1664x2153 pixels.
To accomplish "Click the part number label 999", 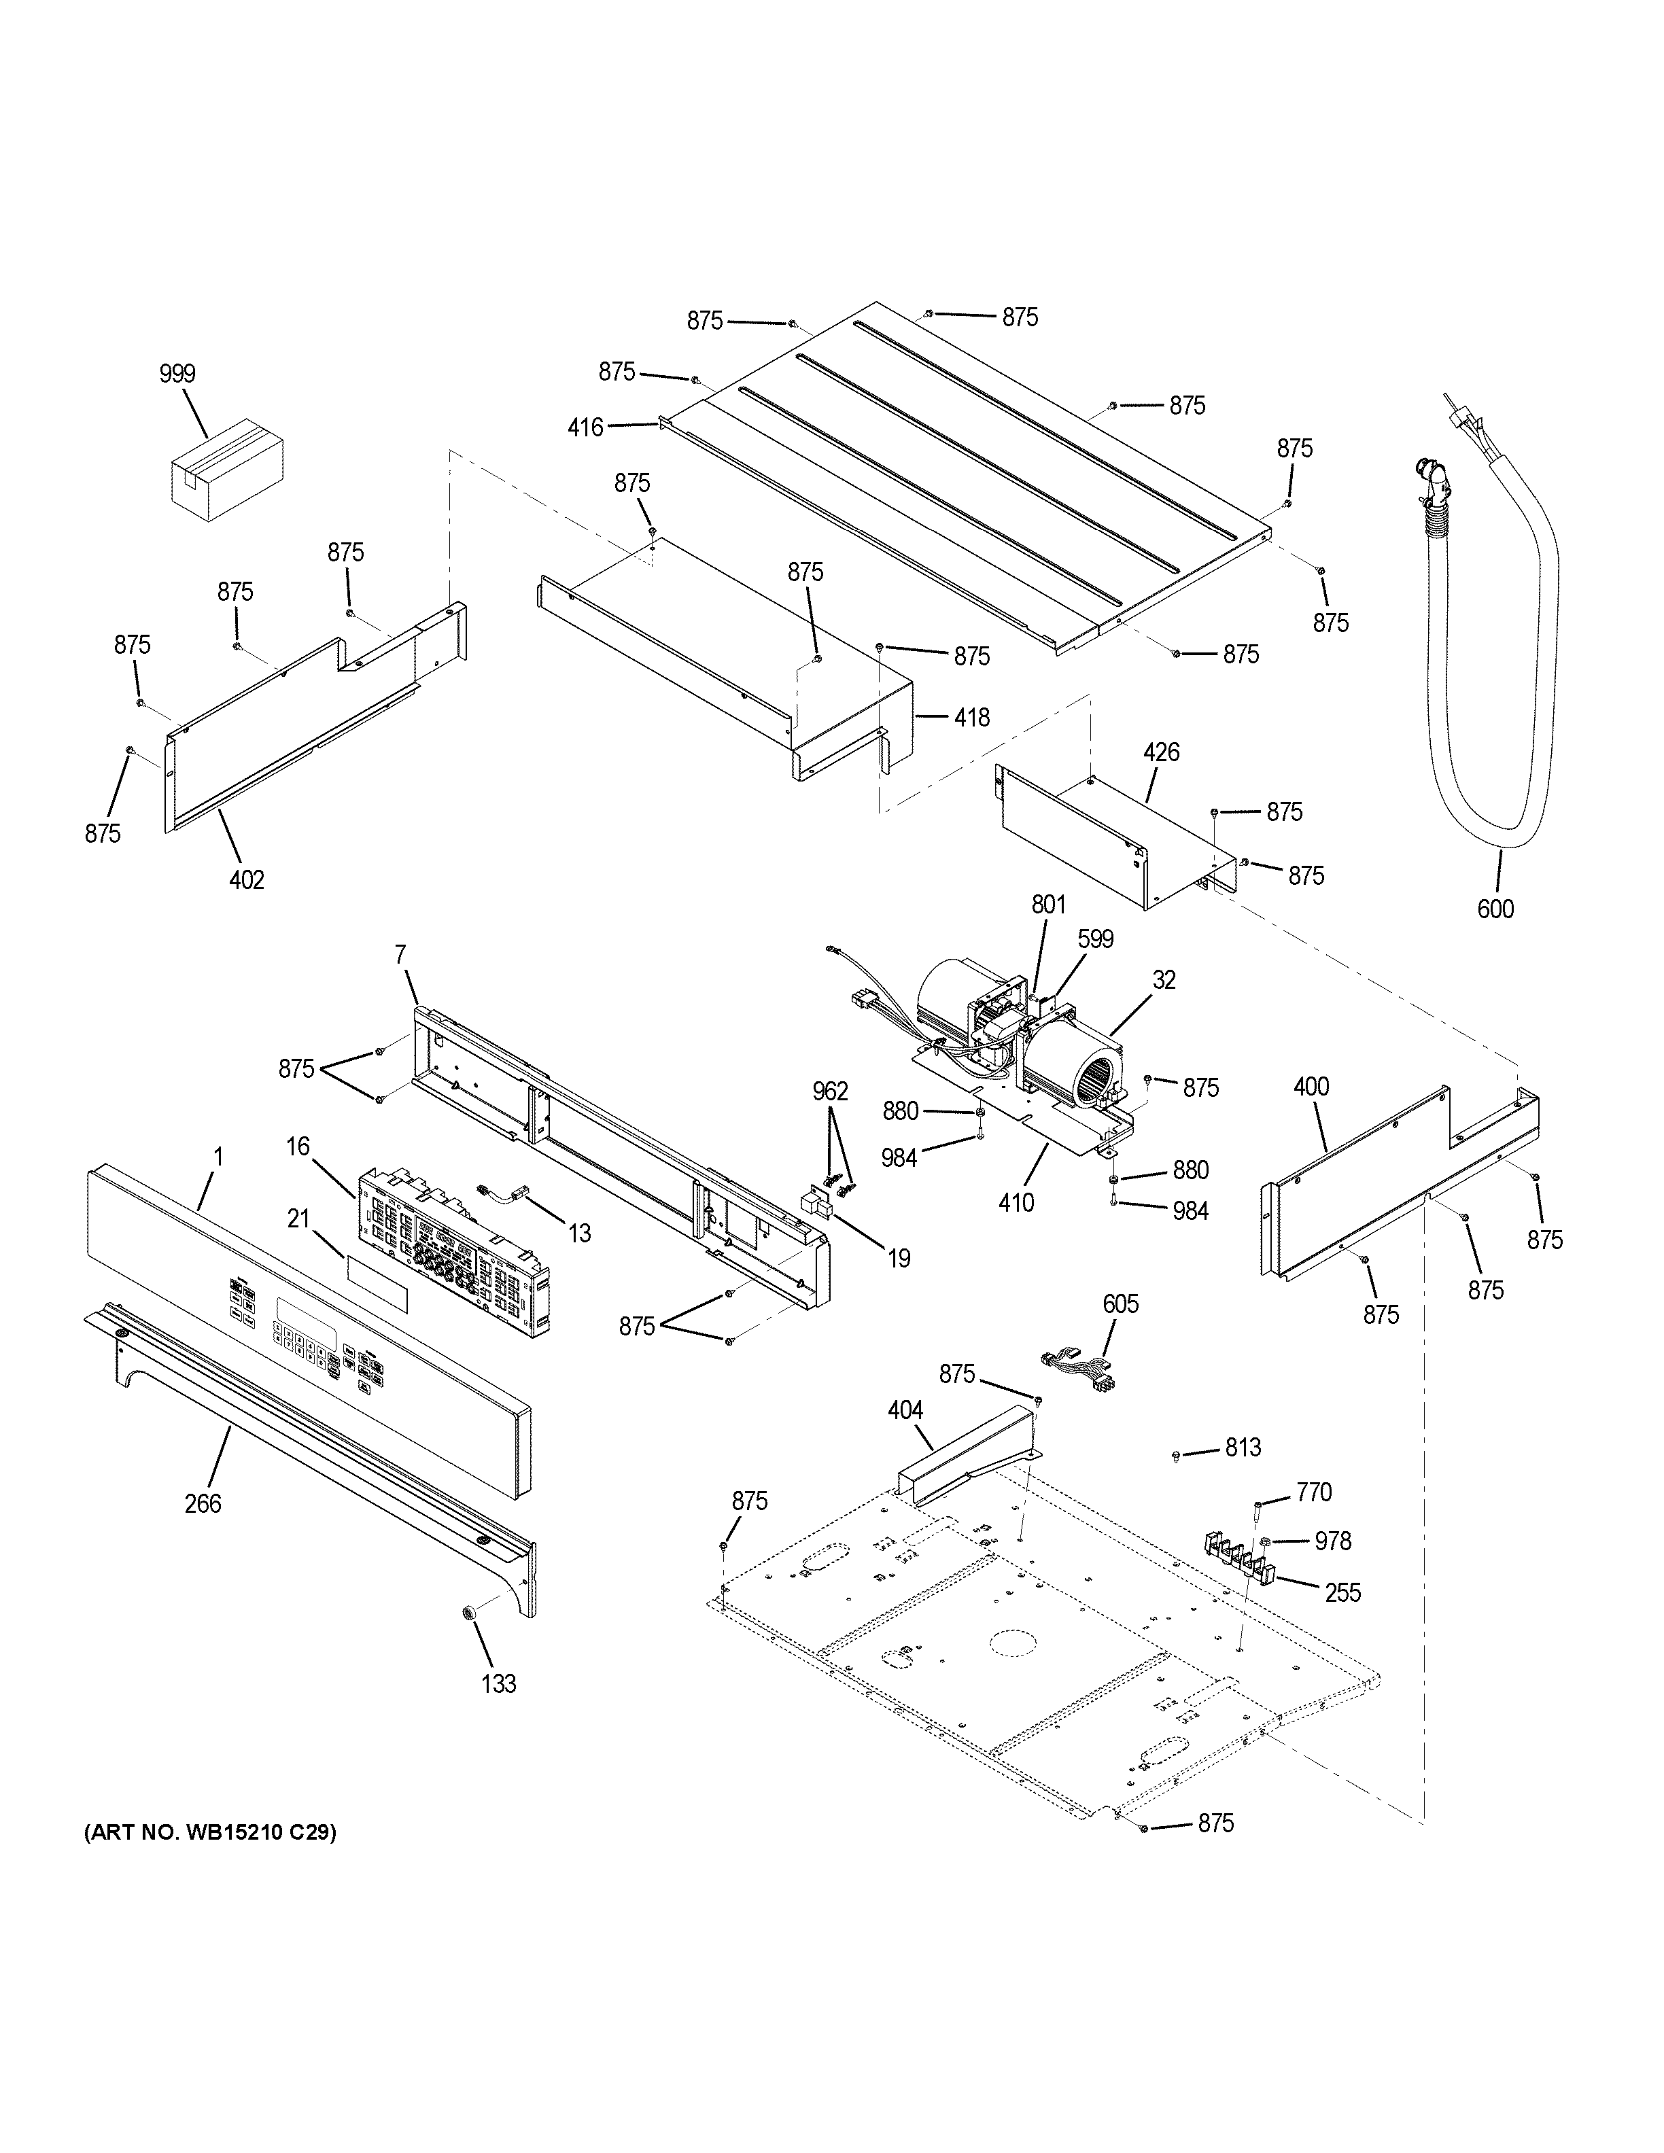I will (177, 374).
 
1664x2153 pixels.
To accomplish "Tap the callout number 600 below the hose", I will (1495, 909).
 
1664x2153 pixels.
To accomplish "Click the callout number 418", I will (972, 718).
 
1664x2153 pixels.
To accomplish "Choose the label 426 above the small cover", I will (1160, 752).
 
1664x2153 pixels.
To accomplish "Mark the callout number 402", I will (247, 879).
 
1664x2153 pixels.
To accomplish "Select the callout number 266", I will (203, 1503).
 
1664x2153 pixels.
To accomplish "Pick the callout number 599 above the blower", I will (1095, 939).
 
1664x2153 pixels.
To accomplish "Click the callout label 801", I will (1049, 904).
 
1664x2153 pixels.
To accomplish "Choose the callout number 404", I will (905, 1411).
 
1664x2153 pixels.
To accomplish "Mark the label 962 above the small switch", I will (830, 1091).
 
